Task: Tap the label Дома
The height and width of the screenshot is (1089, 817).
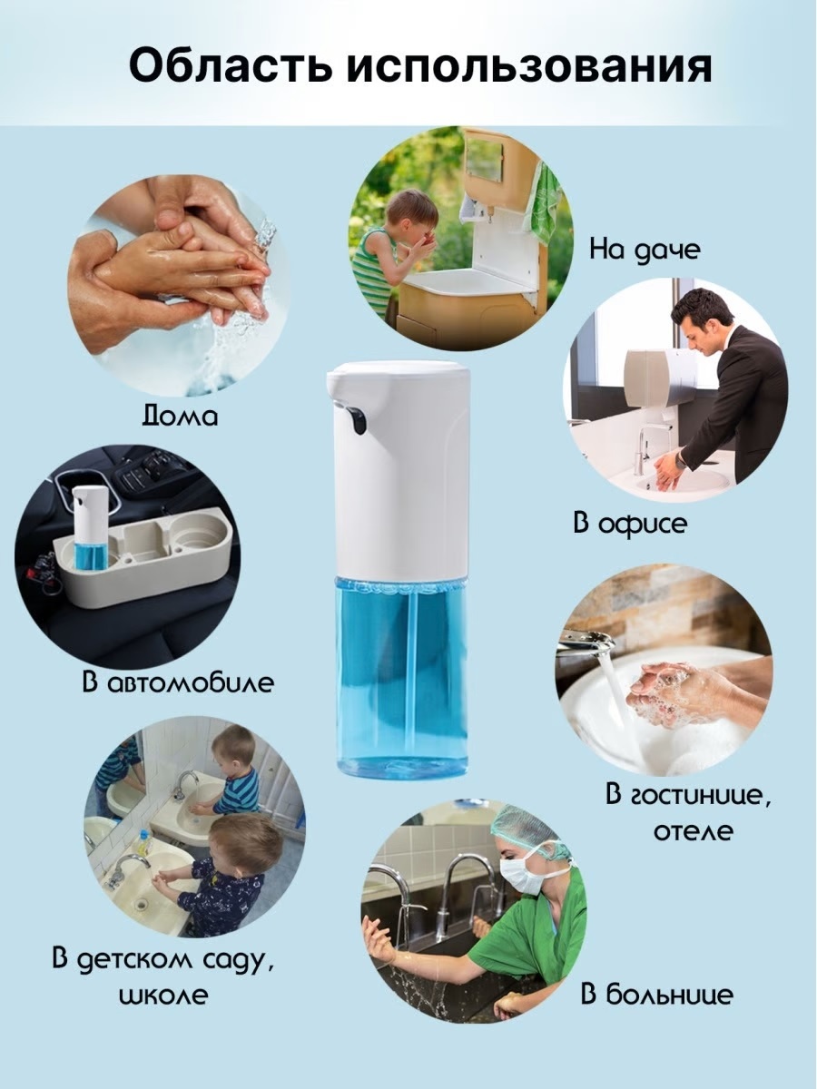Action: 180,416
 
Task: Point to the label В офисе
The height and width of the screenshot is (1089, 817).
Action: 630,523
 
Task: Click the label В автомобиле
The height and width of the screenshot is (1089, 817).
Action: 178,682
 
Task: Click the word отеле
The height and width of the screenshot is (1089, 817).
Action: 693,831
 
